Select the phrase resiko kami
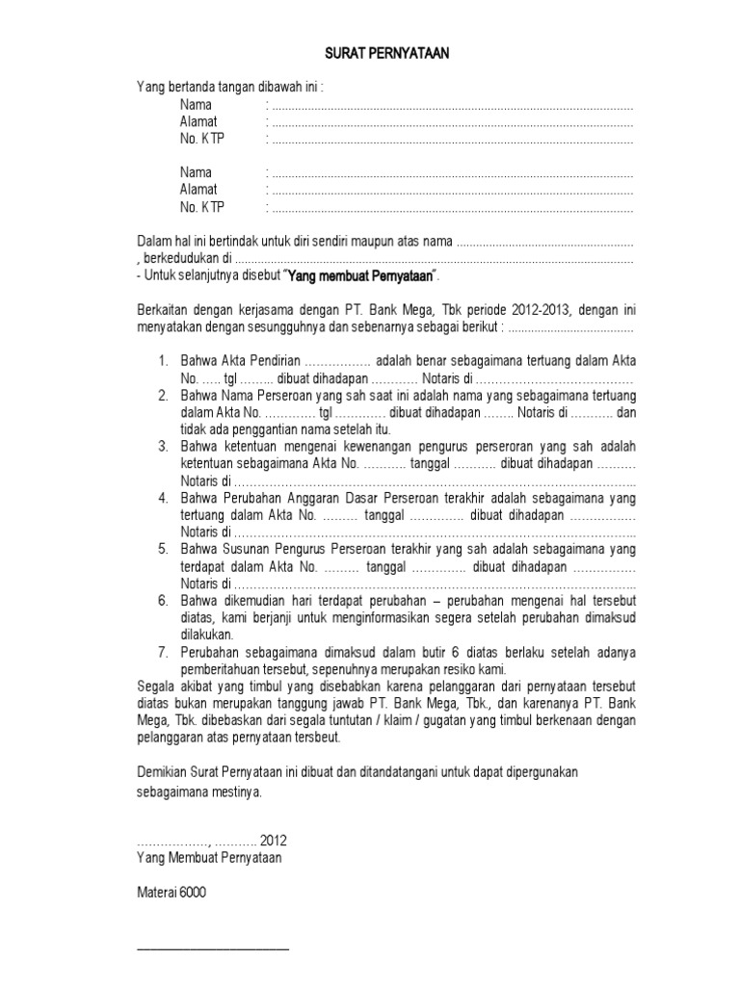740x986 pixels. [x=473, y=669]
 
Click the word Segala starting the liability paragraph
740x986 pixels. [x=155, y=686]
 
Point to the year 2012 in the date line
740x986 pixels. [x=273, y=841]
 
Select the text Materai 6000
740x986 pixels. [x=171, y=893]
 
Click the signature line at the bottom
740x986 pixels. [x=213, y=949]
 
